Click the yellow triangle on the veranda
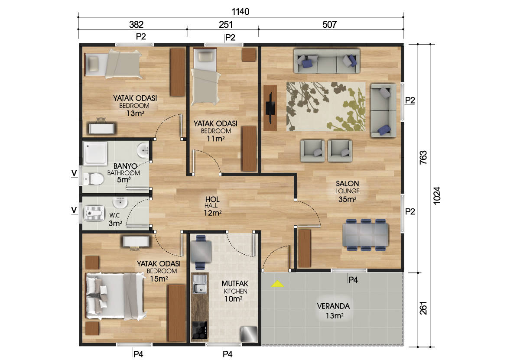(x=277, y=284)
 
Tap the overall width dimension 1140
(x=240, y=12)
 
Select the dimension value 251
(x=226, y=25)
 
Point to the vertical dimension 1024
(x=437, y=195)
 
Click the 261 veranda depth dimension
(x=424, y=308)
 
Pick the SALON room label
(x=347, y=184)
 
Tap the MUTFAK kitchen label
(x=235, y=283)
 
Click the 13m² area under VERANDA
(x=335, y=316)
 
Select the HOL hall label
(x=212, y=199)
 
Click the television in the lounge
(x=270, y=108)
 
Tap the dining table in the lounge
(x=365, y=235)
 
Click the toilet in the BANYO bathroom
(x=93, y=179)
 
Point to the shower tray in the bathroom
(x=95, y=153)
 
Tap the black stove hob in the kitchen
(x=200, y=330)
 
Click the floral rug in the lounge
(x=326, y=107)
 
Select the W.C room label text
(x=114, y=215)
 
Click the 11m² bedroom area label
(x=216, y=139)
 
